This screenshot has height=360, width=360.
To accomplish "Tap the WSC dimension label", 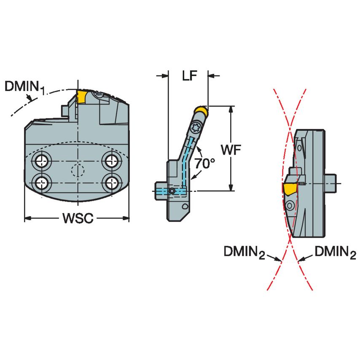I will click(x=78, y=218).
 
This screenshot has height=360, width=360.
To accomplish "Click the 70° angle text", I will click(x=204, y=164).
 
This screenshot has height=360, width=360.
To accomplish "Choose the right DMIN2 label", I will click(x=335, y=253).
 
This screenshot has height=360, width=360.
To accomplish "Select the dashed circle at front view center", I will click(x=77, y=171).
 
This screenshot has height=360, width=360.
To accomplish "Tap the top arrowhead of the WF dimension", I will click(x=231, y=110).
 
